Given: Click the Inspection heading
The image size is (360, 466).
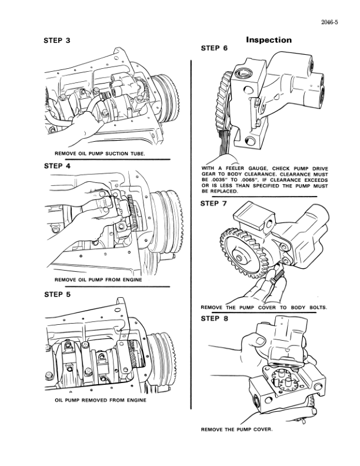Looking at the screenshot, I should (x=268, y=40).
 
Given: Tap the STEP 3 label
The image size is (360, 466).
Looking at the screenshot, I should (x=57, y=41).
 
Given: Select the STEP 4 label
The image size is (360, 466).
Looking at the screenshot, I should (x=57, y=166).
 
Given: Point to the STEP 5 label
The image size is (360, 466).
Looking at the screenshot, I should (x=57, y=294).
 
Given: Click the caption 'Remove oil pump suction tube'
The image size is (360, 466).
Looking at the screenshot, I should (x=99, y=154).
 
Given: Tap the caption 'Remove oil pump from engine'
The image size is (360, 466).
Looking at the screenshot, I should (x=98, y=279).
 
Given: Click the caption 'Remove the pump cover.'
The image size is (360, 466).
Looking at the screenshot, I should (x=237, y=429).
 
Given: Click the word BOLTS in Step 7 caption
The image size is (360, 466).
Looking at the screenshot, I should (x=316, y=308).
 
